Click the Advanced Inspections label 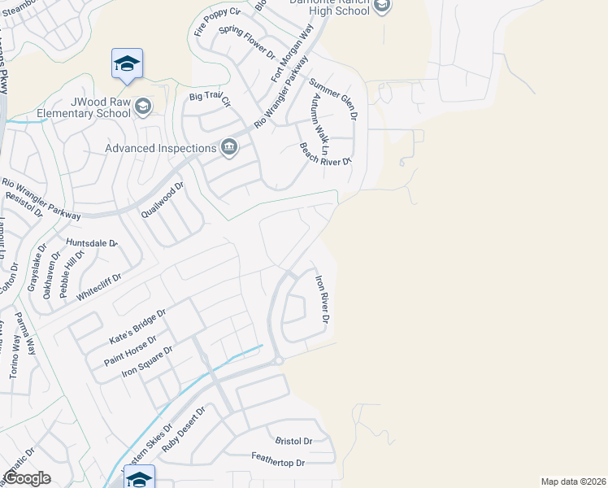(x=161, y=147)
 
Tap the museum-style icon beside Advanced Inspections (x=229, y=147)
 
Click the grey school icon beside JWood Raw (x=144, y=107)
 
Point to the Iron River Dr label (x=322, y=299)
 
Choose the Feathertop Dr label (x=277, y=462)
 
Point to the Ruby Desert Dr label (x=185, y=430)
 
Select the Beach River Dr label (x=324, y=154)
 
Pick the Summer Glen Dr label (x=332, y=99)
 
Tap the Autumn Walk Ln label (x=319, y=122)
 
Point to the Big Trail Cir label (x=211, y=99)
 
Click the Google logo (x=28, y=478)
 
